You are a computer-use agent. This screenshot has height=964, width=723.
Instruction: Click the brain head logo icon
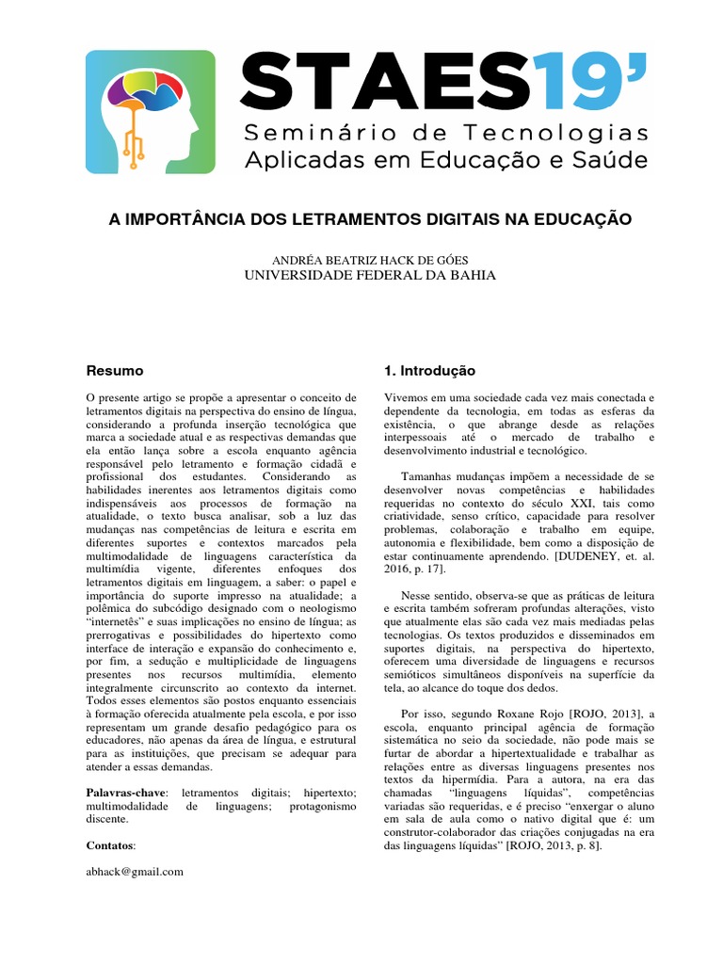pyautogui.click(x=151, y=111)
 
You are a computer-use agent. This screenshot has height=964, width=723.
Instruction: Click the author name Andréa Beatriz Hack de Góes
pyautogui.click(x=369, y=259)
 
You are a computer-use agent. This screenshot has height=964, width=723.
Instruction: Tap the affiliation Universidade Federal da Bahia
pyautogui.click(x=369, y=275)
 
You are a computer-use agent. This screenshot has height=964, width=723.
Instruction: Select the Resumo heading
pyautogui.click(x=115, y=371)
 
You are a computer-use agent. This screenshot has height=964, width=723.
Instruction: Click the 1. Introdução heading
pyautogui.click(x=430, y=371)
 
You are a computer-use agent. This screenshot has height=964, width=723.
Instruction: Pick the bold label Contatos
pyautogui.click(x=110, y=845)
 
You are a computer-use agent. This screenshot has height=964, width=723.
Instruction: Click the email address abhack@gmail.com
pyautogui.click(x=135, y=872)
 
